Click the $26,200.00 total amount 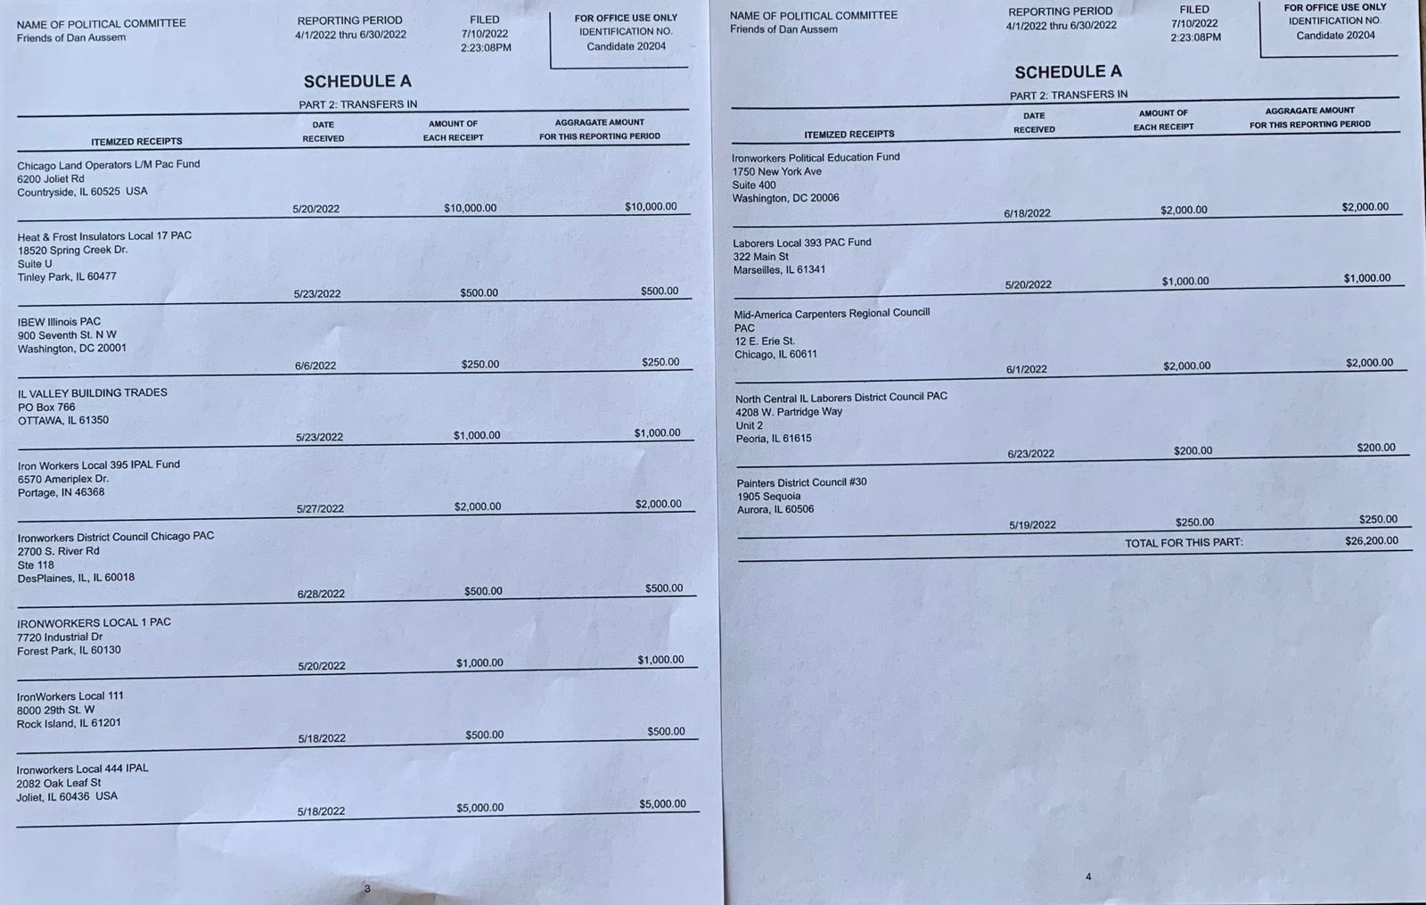coord(1371,540)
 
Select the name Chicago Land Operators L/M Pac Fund coord(108,164)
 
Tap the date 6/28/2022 coord(321,594)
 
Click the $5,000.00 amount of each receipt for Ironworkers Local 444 coord(479,808)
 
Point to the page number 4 coord(1088,876)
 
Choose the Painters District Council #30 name coord(801,482)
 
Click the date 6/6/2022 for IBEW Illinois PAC coord(316,366)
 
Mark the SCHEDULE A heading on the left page coord(357,81)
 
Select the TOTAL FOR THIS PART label coord(1183,542)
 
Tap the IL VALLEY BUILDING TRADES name coord(92,392)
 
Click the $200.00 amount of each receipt coord(1192,451)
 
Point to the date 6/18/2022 coord(1027,213)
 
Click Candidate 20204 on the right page coord(1335,36)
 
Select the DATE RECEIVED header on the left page coord(323,131)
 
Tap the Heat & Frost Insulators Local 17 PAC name coord(104,236)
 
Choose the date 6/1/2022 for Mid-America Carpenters coord(1026,369)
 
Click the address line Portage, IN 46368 coord(61,492)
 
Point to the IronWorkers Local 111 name coord(70,695)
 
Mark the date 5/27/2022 coord(320,509)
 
